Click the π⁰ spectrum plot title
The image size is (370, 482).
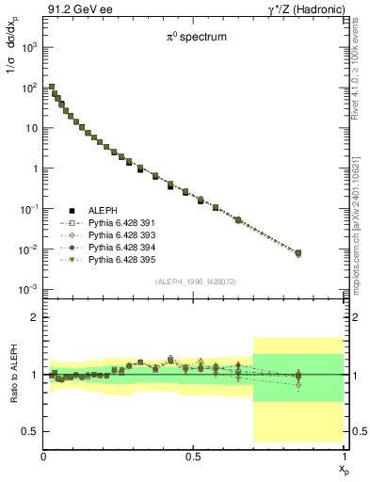(192, 40)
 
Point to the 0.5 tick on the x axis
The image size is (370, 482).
(194, 456)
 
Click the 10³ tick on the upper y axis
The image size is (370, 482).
(28, 46)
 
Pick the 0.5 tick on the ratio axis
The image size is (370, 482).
(28, 431)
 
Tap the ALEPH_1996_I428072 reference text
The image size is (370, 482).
(194, 281)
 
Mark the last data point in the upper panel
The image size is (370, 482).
(298, 252)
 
